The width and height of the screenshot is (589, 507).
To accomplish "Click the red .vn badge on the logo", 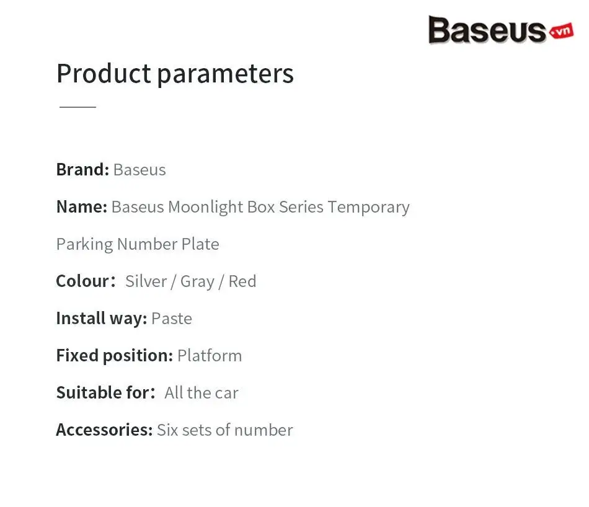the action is pos(561,31).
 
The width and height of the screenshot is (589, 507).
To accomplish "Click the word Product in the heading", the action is pos(104,73).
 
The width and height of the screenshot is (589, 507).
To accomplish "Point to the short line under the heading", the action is pos(77,107).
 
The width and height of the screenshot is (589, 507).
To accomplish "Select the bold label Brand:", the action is pos(82,169).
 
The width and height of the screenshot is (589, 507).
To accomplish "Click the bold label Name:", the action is pos(82,206).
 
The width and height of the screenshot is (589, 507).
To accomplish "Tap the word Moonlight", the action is pos(205,207).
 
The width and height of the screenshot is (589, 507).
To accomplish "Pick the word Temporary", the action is pos(368,208).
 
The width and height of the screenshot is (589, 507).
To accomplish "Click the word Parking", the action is pos(84,245).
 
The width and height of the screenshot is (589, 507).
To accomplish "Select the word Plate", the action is pos(200,244).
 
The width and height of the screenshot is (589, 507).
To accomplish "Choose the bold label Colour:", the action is pos(86,281).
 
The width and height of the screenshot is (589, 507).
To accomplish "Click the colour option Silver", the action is pos(146,281).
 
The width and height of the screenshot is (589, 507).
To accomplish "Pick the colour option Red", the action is pos(242,281).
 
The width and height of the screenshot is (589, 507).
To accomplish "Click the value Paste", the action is pos(172,319).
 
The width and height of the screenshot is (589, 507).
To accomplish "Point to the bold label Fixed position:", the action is pos(115,356).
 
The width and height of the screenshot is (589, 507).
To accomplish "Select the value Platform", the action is pos(210,356).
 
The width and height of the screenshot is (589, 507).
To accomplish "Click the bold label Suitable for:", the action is pos(105,393).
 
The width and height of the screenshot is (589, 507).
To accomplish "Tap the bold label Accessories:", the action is pos(104,430).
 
